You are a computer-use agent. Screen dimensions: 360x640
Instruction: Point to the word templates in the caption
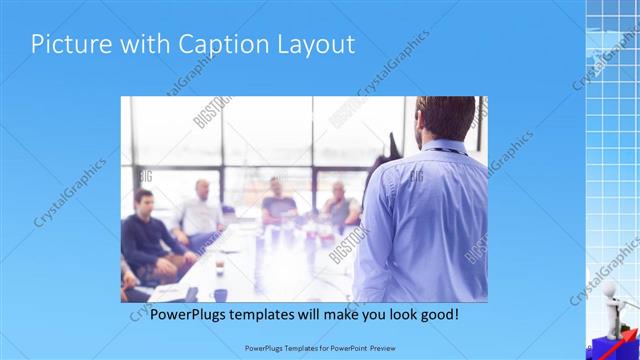[282, 314]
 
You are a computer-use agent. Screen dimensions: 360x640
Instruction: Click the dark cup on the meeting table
[219, 294]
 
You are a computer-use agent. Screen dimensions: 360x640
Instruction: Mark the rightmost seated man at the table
[340, 205]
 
